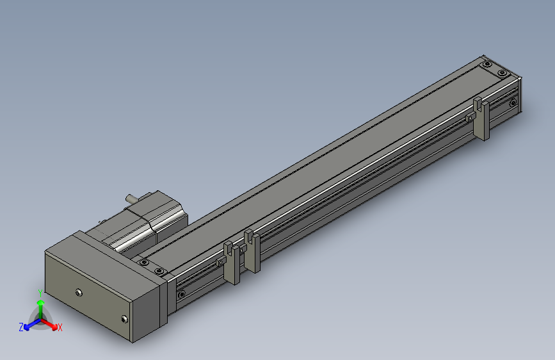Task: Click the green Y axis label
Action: pos(40,293)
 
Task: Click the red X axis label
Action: pos(60,327)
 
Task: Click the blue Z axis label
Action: pos(21,327)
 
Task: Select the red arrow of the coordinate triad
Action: pos(51,323)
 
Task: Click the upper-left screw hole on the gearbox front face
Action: pos(79,293)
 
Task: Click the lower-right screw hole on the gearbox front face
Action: pos(124,318)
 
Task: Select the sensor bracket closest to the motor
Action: pos(232,262)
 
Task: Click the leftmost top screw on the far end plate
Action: pos(488,64)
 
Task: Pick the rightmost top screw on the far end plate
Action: pos(503,74)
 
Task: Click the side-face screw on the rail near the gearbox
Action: pos(182,295)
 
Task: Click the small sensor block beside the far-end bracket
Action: pos(470,117)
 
